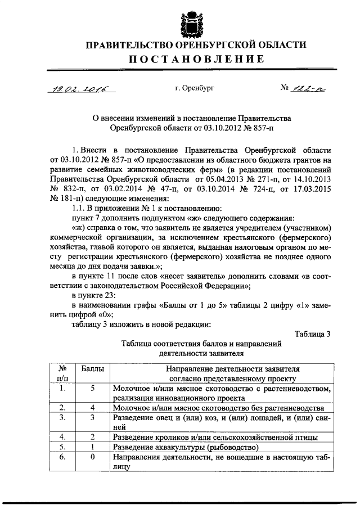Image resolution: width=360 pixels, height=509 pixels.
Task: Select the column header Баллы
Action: tap(92, 369)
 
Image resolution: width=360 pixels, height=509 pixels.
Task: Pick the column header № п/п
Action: tap(63, 374)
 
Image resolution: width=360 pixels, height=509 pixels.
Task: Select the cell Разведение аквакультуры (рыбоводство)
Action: tap(186, 447)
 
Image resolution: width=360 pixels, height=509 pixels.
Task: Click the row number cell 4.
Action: tap(63, 436)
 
